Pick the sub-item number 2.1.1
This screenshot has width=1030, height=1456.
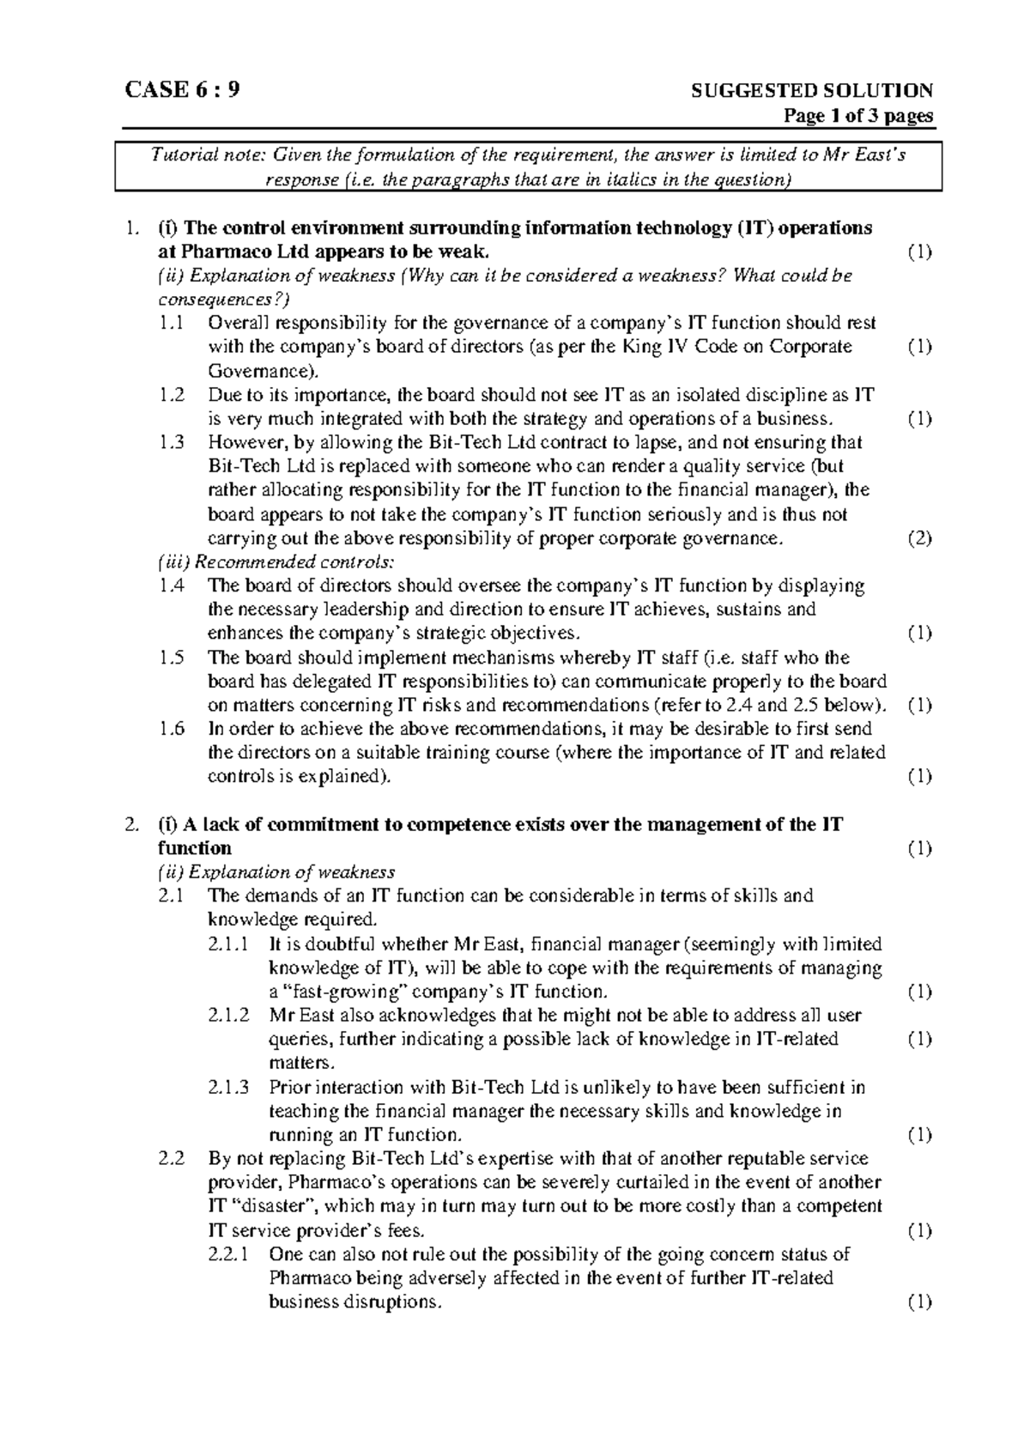(229, 944)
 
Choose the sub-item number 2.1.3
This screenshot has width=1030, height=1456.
(229, 1088)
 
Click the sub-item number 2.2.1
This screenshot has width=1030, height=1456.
(229, 1254)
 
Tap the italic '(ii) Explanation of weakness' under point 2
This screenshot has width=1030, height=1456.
(276, 872)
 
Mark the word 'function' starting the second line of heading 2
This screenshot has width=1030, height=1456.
(195, 848)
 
